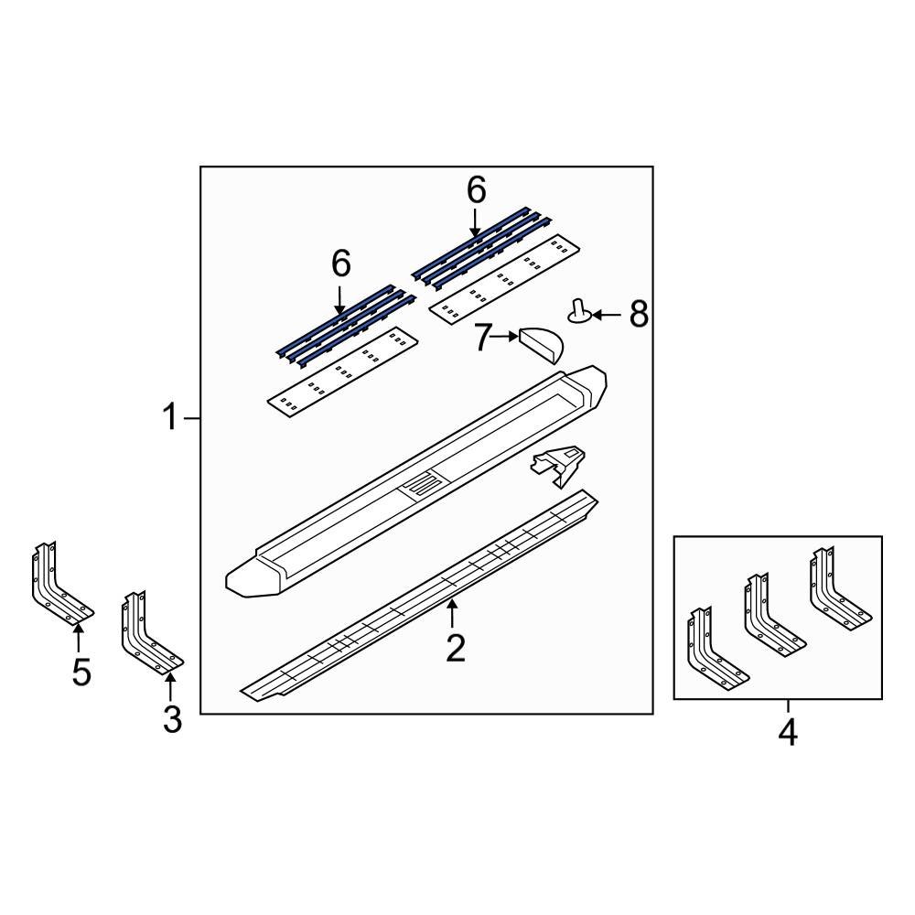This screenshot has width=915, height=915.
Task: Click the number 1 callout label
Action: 169,419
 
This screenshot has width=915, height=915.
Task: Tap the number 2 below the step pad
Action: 455,648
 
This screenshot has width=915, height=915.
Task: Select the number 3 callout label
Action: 172,720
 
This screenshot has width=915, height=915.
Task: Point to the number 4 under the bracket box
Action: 787,733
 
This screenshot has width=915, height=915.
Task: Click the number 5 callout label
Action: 81,673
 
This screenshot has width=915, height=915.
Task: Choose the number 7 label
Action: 482,338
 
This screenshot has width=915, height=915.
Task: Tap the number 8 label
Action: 638,316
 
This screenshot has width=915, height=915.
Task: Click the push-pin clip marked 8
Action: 579,311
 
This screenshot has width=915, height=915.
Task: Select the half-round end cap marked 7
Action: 540,344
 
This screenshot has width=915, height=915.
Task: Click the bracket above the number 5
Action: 59,586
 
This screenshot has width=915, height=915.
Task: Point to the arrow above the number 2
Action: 450,613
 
